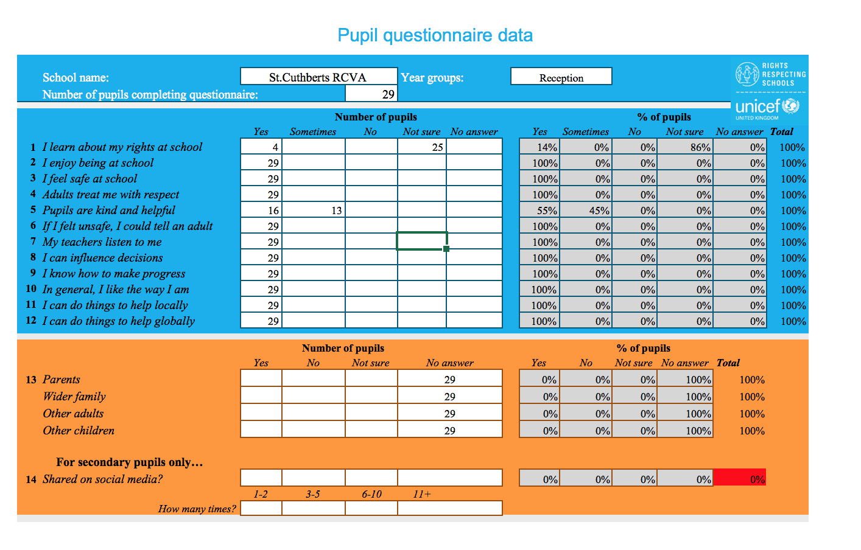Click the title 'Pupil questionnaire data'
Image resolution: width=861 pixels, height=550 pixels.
pyautogui.click(x=435, y=35)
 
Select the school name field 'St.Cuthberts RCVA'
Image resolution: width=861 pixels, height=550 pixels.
pyautogui.click(x=318, y=77)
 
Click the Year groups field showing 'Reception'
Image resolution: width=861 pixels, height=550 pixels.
pyautogui.click(x=561, y=77)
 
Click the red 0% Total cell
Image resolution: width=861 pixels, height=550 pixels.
pyautogui.click(x=739, y=479)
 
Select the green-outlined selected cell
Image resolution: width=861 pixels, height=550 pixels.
pyautogui.click(x=421, y=241)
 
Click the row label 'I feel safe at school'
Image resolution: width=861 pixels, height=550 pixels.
pyautogui.click(x=90, y=179)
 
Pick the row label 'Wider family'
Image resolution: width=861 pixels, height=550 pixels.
pyautogui.click(x=74, y=397)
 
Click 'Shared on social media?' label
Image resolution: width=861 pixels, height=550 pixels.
pyautogui.click(x=102, y=479)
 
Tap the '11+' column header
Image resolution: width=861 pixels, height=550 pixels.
pyautogui.click(x=421, y=494)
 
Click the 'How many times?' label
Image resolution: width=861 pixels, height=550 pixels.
pyautogui.click(x=197, y=509)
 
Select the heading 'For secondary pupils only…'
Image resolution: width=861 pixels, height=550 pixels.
pyautogui.click(x=129, y=462)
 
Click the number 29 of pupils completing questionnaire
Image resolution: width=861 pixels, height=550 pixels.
pyautogui.click(x=388, y=94)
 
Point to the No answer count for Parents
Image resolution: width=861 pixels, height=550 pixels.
pyautogui.click(x=449, y=380)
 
